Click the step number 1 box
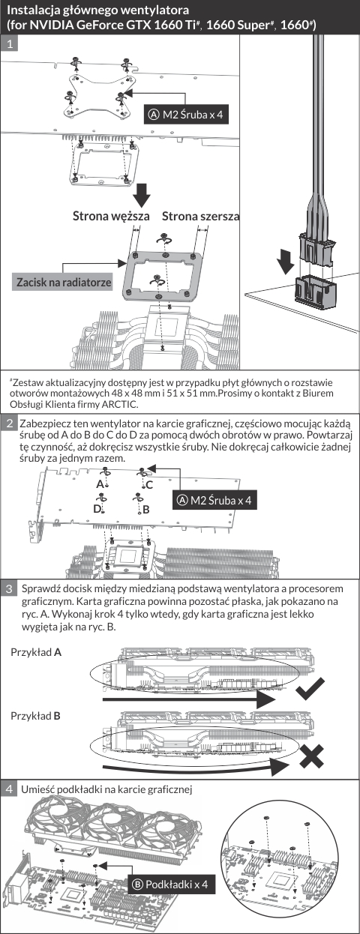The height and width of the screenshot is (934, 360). pos(9,43)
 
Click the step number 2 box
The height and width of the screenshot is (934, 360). pos(9,424)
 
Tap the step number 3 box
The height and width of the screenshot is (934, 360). pos(9,588)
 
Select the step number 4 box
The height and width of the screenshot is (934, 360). pos(9,789)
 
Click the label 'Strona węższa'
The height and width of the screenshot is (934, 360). pos(111,217)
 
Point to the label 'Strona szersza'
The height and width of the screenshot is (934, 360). pos(201,217)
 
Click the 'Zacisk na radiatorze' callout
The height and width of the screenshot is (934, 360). pos(64,283)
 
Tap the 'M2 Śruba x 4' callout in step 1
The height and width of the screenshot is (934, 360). pos(187,114)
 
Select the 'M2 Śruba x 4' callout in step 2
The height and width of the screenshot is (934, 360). pos(214,500)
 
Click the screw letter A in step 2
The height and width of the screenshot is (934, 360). pos(100,484)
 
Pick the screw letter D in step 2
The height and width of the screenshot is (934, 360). pos(97,509)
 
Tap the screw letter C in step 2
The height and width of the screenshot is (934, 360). pos(149,485)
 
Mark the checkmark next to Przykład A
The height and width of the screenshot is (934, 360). pos(310,688)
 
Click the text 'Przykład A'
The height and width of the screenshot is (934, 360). pos(36,652)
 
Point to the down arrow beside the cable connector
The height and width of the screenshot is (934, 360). pos(286,262)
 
